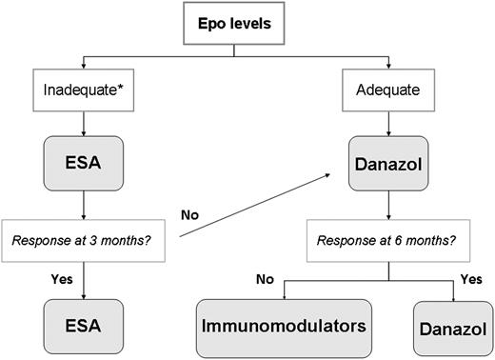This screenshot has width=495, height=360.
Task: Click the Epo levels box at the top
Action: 247,23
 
